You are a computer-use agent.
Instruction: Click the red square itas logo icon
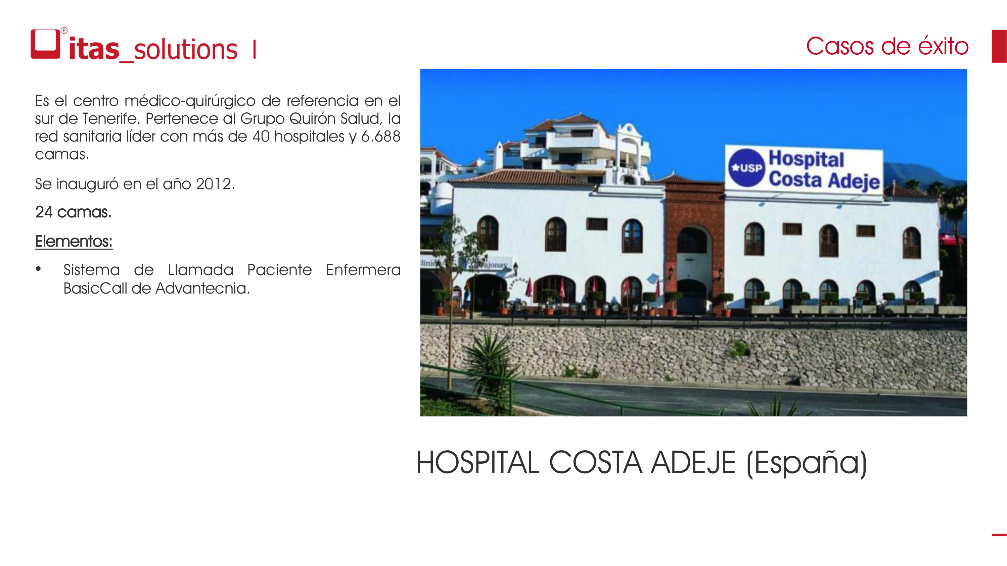[x=45, y=44]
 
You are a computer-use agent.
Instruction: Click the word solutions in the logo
[x=185, y=50]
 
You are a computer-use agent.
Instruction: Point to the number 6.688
[x=381, y=136]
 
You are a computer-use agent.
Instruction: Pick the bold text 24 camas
[x=73, y=212]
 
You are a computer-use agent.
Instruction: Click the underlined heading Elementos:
[x=74, y=242]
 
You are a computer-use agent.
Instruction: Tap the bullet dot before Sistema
[x=38, y=268]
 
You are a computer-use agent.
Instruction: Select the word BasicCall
[x=95, y=288]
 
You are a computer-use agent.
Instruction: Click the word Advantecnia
[x=202, y=288]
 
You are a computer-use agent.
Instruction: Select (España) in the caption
[x=807, y=464]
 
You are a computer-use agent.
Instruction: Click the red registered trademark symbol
[x=64, y=31]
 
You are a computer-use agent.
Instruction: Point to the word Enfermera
[x=363, y=270]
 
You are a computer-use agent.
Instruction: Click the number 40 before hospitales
[x=261, y=136]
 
